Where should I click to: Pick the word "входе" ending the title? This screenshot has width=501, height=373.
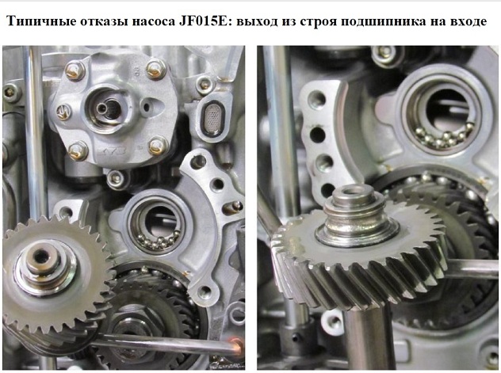click(x=468, y=22)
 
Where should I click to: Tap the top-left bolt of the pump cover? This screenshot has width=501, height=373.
click(x=75, y=70)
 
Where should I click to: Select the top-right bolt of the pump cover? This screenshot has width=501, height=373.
click(x=157, y=69)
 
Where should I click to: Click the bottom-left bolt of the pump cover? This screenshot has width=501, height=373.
click(x=78, y=150)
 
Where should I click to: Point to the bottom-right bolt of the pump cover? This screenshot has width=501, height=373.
click(x=158, y=146)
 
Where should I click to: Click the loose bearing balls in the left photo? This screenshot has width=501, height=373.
click(x=159, y=242)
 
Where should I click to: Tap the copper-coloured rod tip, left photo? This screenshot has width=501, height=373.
click(x=235, y=346)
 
